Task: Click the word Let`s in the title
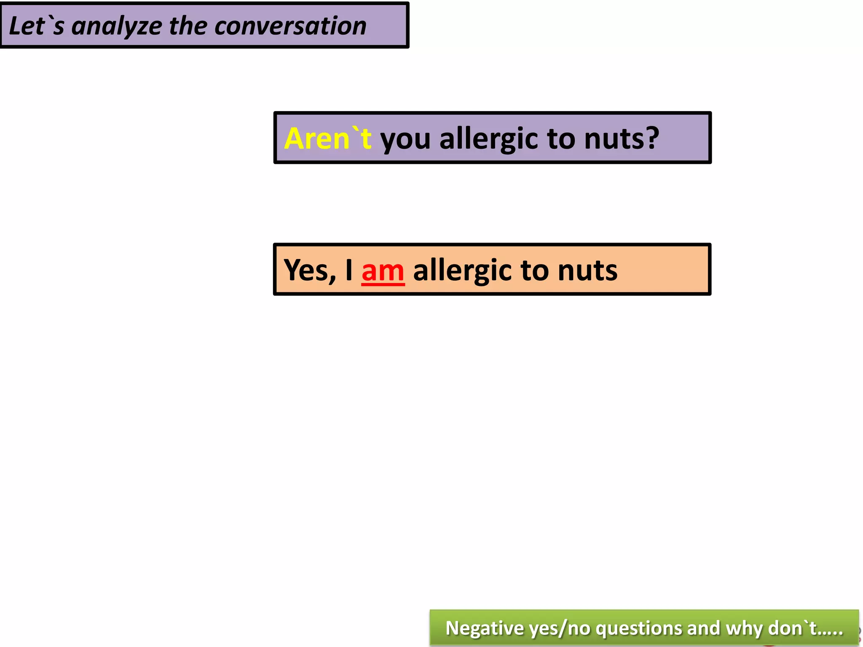pos(36,26)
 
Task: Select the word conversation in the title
pos(290,26)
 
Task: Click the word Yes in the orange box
pos(309,270)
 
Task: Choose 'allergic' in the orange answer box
pos(462,270)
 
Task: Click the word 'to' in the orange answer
pos(535,270)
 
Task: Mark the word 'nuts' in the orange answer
pos(587,270)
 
